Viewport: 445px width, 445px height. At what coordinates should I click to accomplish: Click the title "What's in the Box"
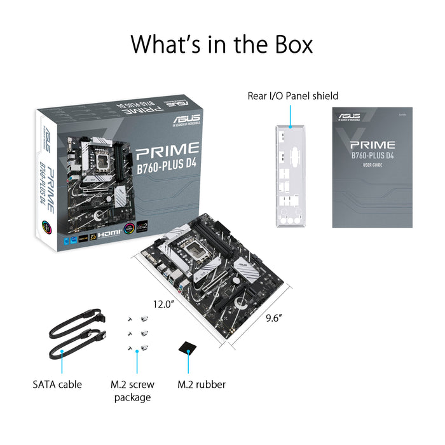(222, 44)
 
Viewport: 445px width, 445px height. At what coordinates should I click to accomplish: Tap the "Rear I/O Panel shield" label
(292, 96)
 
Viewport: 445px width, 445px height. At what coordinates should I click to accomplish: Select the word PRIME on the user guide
(373, 144)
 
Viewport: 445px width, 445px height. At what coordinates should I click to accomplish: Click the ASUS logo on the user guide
(349, 116)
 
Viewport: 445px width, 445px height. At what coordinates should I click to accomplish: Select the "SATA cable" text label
(57, 384)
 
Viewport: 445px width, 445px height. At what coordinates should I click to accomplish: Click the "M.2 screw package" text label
(132, 390)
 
